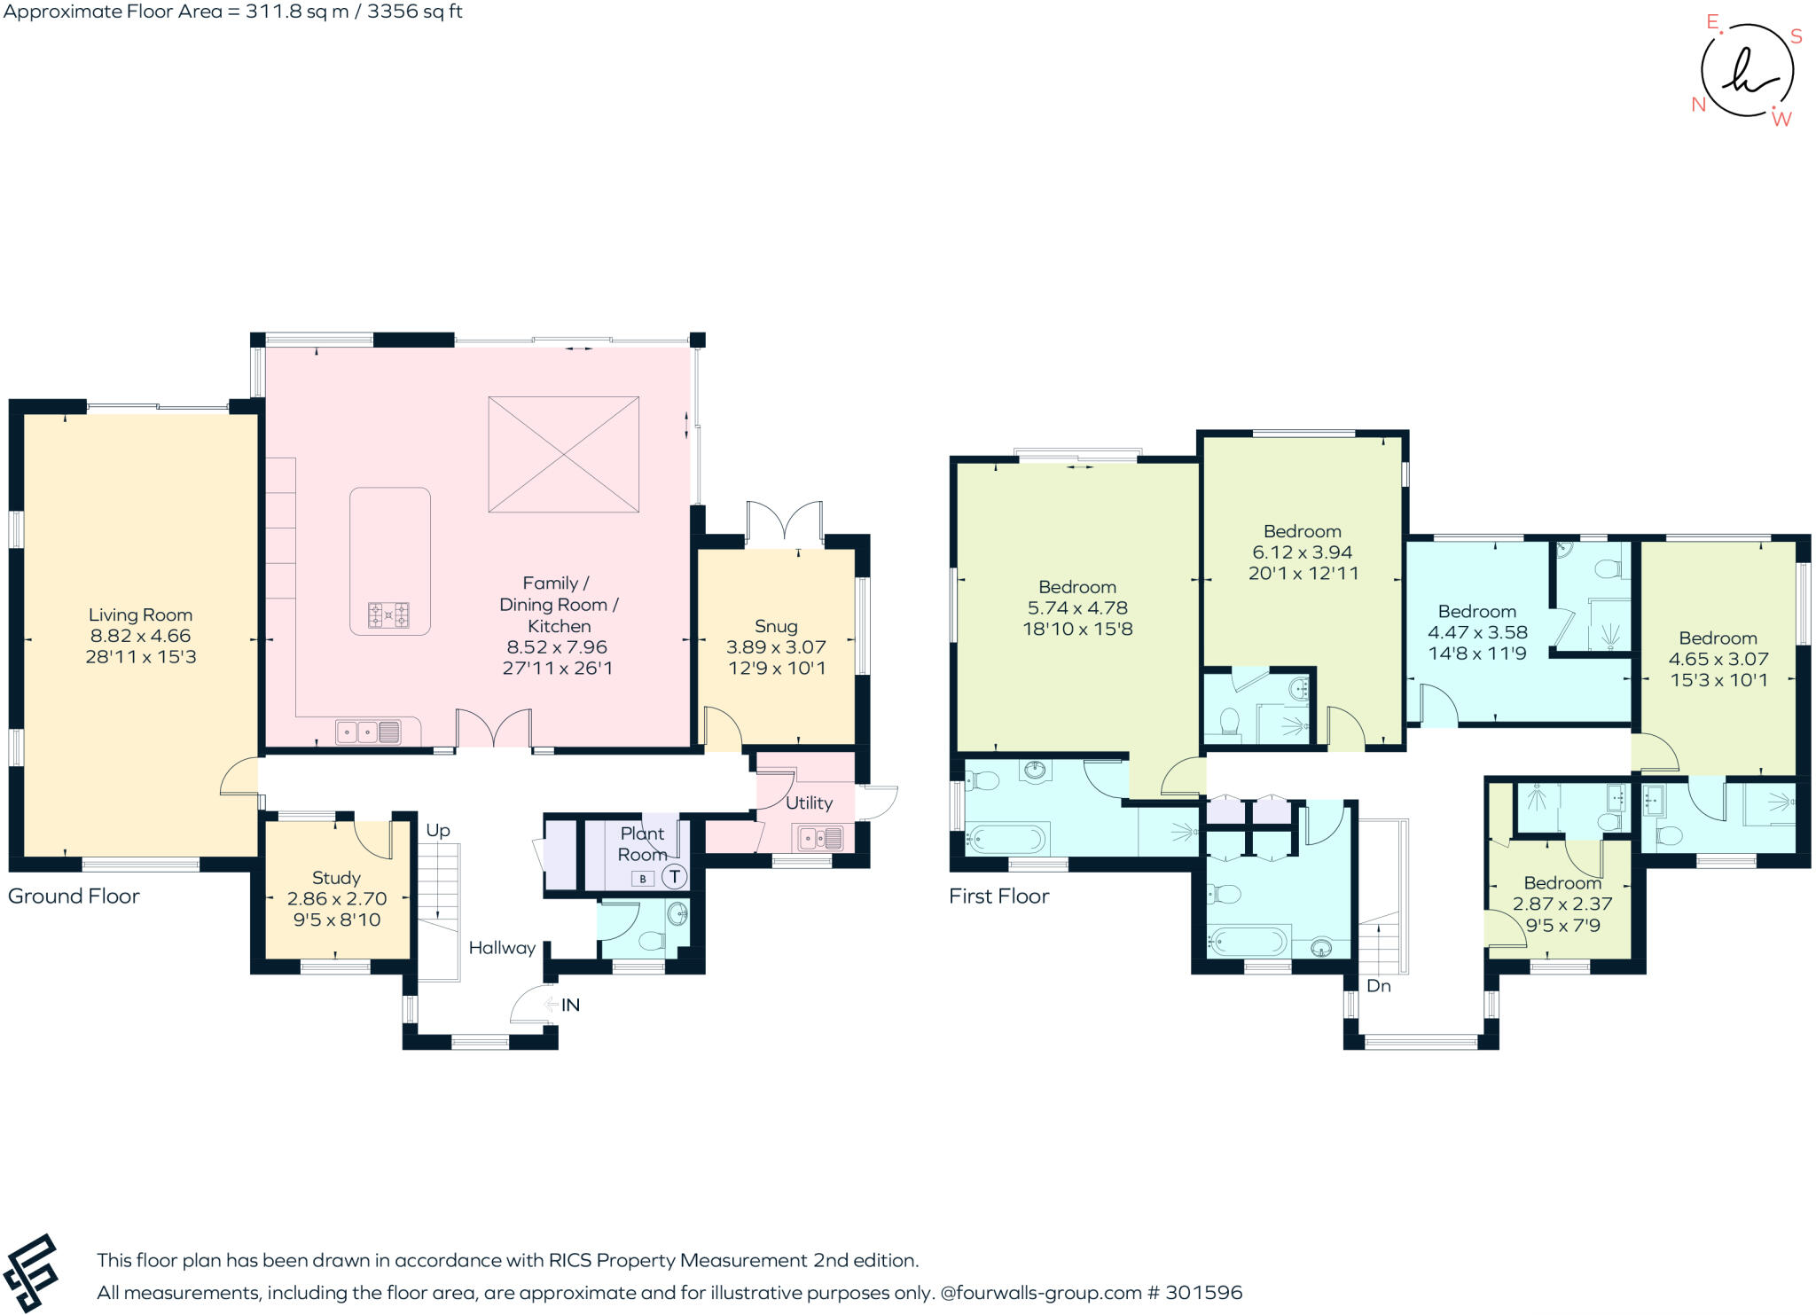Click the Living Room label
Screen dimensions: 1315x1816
point(140,614)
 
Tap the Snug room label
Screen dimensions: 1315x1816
point(776,626)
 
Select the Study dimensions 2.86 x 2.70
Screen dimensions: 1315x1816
point(337,898)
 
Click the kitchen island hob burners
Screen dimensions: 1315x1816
point(389,614)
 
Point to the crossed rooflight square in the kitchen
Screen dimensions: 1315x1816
point(564,454)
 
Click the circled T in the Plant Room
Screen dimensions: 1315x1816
point(675,877)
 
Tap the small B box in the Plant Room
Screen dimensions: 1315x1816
point(643,879)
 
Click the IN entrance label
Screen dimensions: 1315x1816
point(570,1005)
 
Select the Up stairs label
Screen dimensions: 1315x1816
point(438,830)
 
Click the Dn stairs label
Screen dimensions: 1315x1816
point(1379,985)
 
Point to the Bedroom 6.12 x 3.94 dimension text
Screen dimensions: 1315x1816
point(1303,552)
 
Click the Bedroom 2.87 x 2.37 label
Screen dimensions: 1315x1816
point(1562,883)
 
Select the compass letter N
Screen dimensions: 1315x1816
point(1698,105)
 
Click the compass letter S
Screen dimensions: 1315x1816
point(1796,36)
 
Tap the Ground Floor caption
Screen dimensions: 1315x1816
point(74,896)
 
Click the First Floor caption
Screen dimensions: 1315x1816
point(998,896)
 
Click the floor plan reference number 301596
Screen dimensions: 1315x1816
point(1203,1292)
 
